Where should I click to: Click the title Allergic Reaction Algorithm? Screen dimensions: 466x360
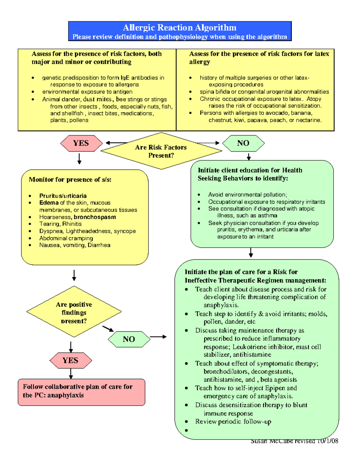179,28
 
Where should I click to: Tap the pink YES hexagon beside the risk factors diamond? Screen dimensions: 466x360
81,143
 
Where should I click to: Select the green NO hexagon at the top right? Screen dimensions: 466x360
243,143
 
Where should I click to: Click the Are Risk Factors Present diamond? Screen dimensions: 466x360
161,151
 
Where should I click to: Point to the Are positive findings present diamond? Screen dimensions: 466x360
74,312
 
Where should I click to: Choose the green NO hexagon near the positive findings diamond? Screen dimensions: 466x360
129,339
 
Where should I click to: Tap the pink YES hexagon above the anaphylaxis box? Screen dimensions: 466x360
70,360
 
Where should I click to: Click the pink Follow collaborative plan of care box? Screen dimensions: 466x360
81,392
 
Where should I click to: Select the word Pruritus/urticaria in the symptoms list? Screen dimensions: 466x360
63,196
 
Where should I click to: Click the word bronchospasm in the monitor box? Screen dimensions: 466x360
95,217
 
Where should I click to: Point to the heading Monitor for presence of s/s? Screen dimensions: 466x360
70,179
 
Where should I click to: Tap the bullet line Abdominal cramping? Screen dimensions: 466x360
66,238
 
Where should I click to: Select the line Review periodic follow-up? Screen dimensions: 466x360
233,422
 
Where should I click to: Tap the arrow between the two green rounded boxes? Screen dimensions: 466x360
251,253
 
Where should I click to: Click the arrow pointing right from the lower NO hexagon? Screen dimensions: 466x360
158,337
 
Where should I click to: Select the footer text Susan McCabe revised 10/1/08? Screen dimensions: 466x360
294,441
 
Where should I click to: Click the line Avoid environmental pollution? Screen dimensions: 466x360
247,194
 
